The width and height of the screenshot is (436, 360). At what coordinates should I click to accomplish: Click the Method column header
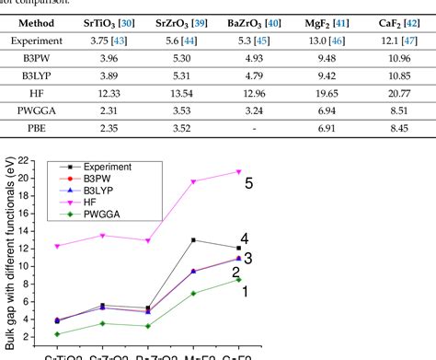click(x=37, y=22)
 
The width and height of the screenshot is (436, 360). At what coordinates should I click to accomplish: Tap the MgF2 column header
click(x=331, y=22)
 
